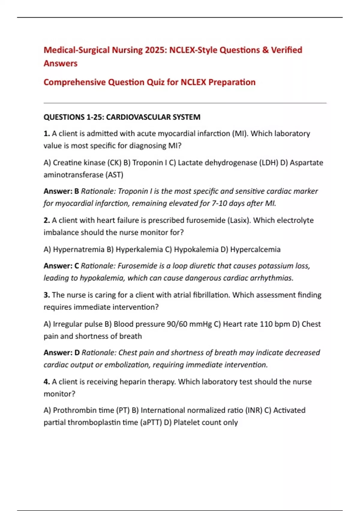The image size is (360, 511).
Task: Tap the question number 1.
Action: [46, 133]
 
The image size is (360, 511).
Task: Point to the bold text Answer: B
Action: [61, 191]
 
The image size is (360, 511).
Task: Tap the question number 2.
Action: [46, 220]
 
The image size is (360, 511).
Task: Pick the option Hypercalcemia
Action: [255, 249]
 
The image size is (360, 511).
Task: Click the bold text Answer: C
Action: [61, 266]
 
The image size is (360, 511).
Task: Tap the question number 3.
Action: [46, 295]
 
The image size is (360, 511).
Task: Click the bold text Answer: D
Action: [61, 353]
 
